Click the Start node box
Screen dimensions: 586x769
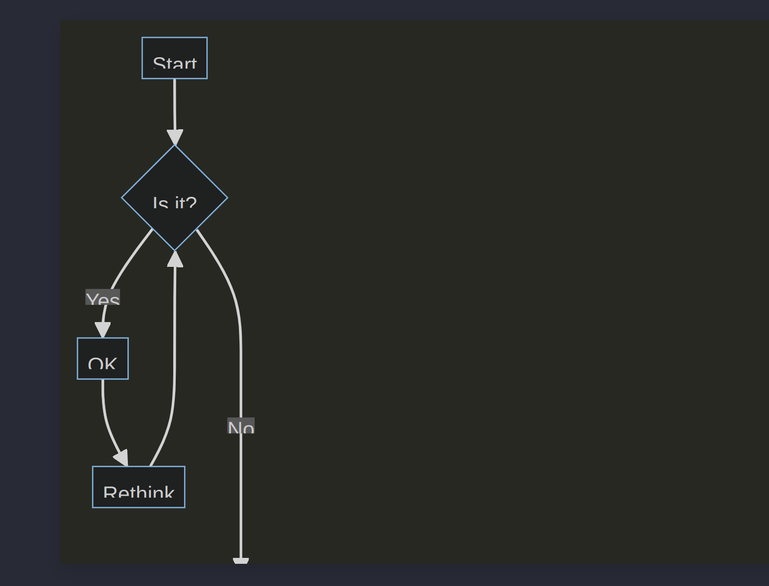point(174,58)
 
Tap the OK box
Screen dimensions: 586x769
point(103,358)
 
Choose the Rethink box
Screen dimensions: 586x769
point(139,486)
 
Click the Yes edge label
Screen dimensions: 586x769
point(103,297)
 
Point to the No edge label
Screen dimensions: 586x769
point(241,426)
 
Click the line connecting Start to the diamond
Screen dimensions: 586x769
point(174,104)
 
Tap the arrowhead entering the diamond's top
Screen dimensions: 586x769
point(175,137)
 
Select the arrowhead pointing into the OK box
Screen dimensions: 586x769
point(103,330)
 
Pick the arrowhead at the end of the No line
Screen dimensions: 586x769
point(240,561)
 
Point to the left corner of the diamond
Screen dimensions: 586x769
point(123,198)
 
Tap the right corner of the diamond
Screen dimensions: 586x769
point(227,198)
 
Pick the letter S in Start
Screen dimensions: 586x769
point(158,64)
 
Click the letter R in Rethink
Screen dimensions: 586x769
point(109,492)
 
